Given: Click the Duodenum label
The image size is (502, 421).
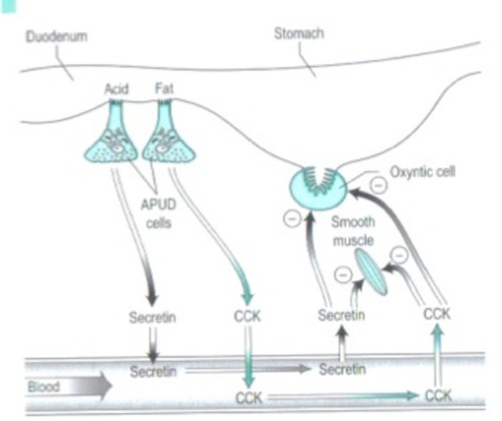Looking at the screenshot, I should pyautogui.click(x=56, y=36).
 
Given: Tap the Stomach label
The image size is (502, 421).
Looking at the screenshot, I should pyautogui.click(x=299, y=34).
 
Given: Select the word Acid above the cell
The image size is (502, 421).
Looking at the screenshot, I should pyautogui.click(x=116, y=89).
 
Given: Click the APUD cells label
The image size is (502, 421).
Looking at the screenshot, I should pyautogui.click(x=158, y=213).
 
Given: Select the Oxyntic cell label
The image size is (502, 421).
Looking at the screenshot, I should pyautogui.click(x=422, y=172).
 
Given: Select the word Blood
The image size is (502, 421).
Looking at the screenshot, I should pyautogui.click(x=43, y=387).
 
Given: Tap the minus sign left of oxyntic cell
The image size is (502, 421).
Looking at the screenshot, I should pyautogui.click(x=292, y=219).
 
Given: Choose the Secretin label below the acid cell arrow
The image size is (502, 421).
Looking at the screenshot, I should pyautogui.click(x=152, y=317).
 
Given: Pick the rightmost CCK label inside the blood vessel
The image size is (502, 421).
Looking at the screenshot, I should pyautogui.click(x=437, y=396).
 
